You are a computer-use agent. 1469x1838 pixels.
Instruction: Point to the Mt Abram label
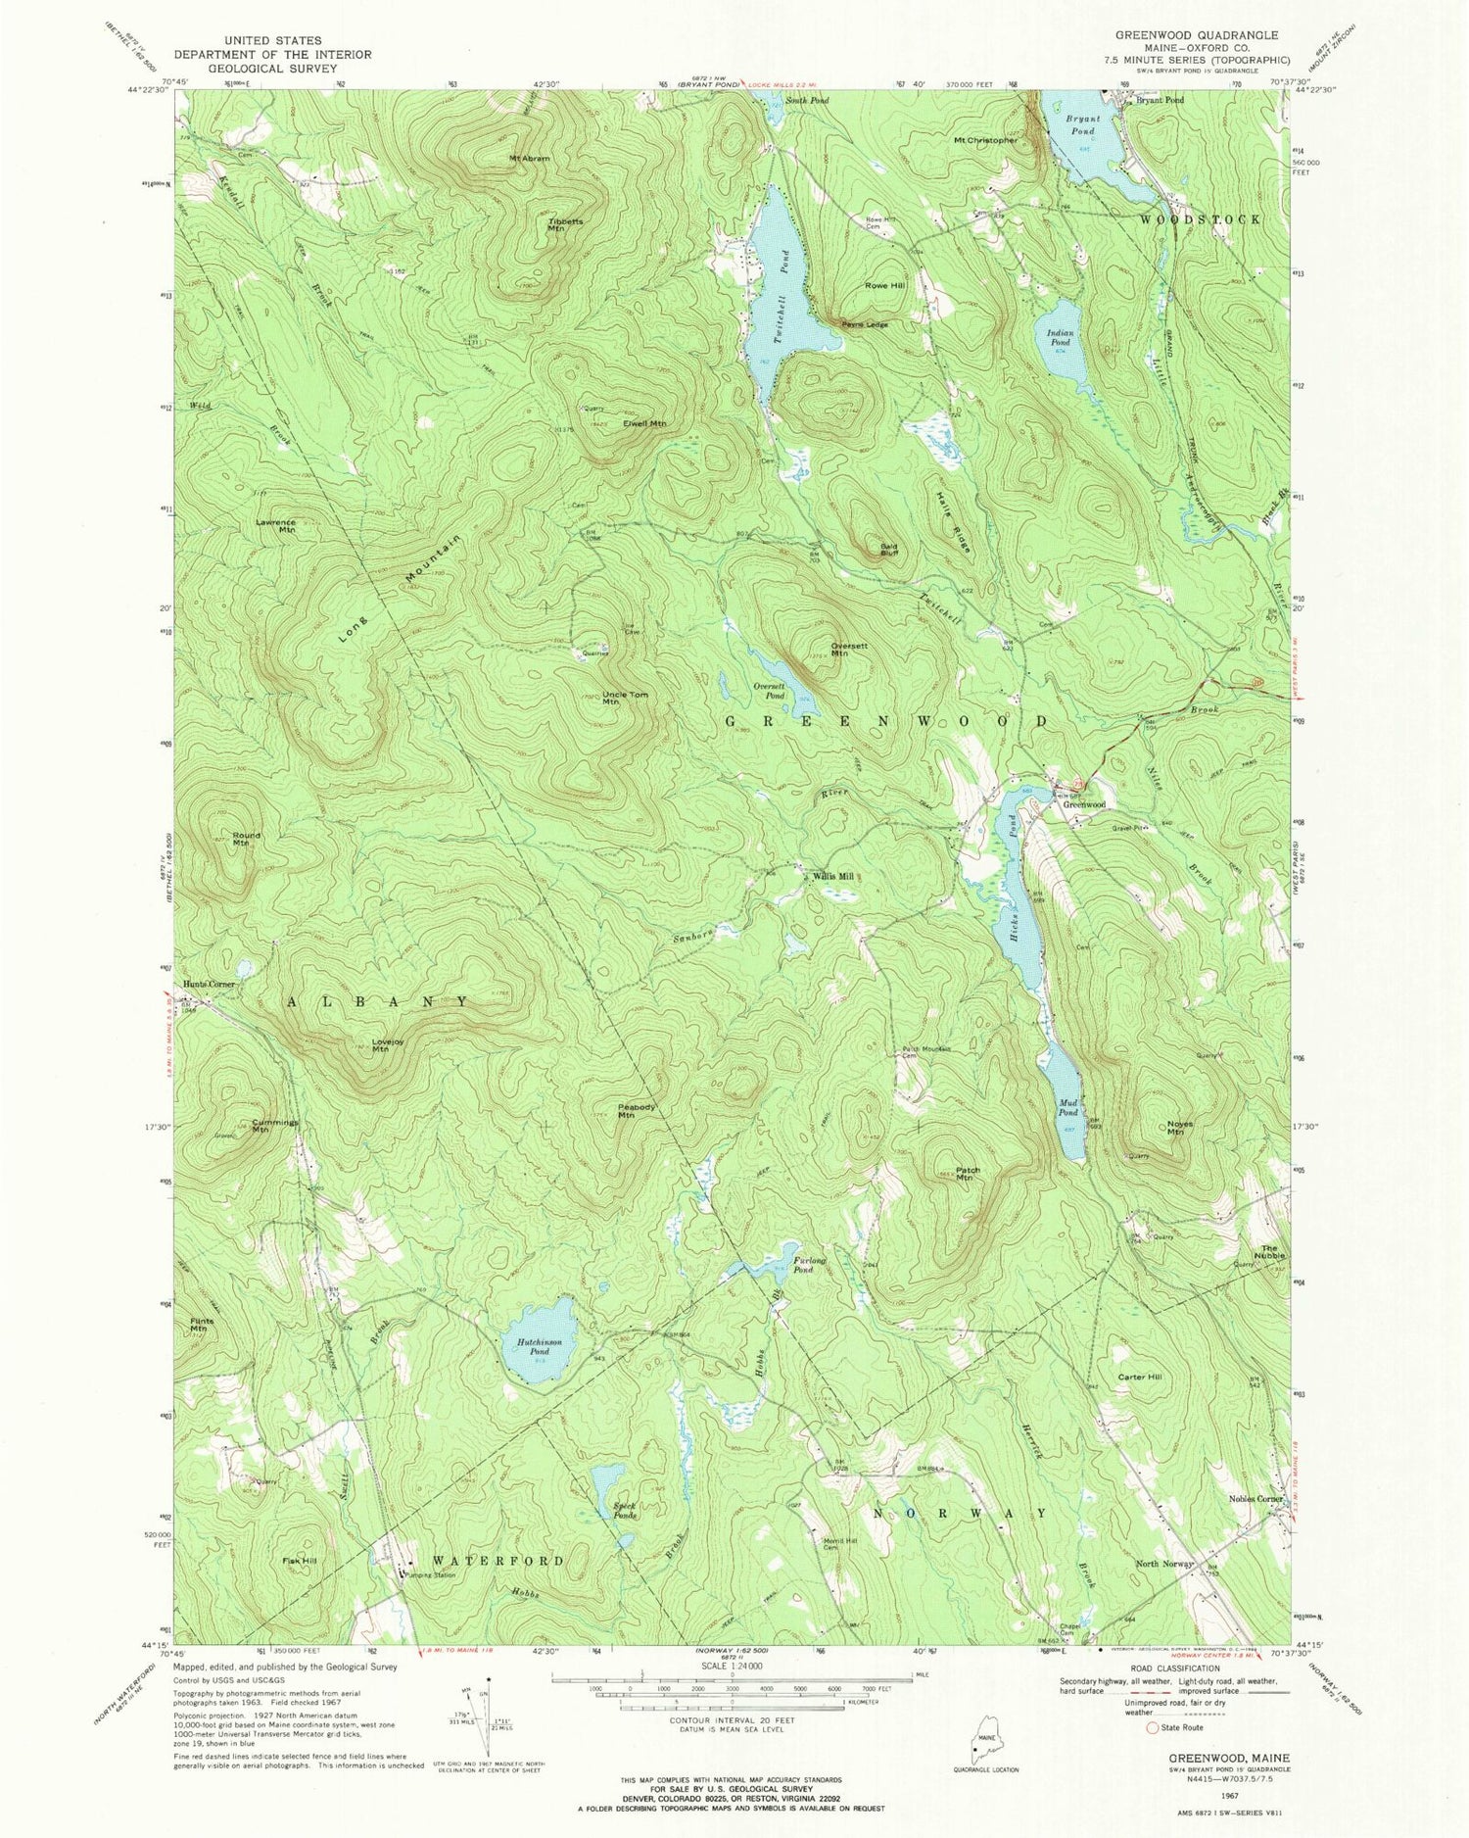click(529, 158)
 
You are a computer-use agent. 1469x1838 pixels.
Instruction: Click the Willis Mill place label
click(833, 877)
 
